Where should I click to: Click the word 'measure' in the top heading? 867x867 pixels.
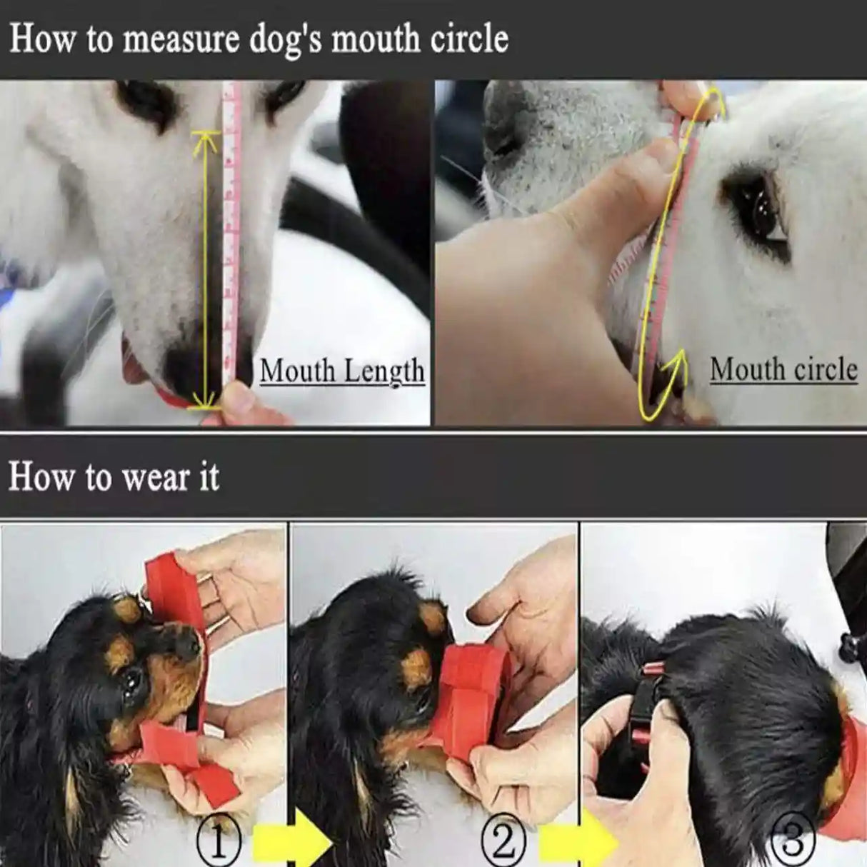178,39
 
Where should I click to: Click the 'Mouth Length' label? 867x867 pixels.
342,371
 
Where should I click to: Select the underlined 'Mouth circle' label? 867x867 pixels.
783,369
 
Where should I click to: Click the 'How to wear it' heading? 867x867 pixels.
114,476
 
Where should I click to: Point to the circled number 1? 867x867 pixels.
217,843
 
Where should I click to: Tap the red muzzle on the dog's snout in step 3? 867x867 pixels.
846,757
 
